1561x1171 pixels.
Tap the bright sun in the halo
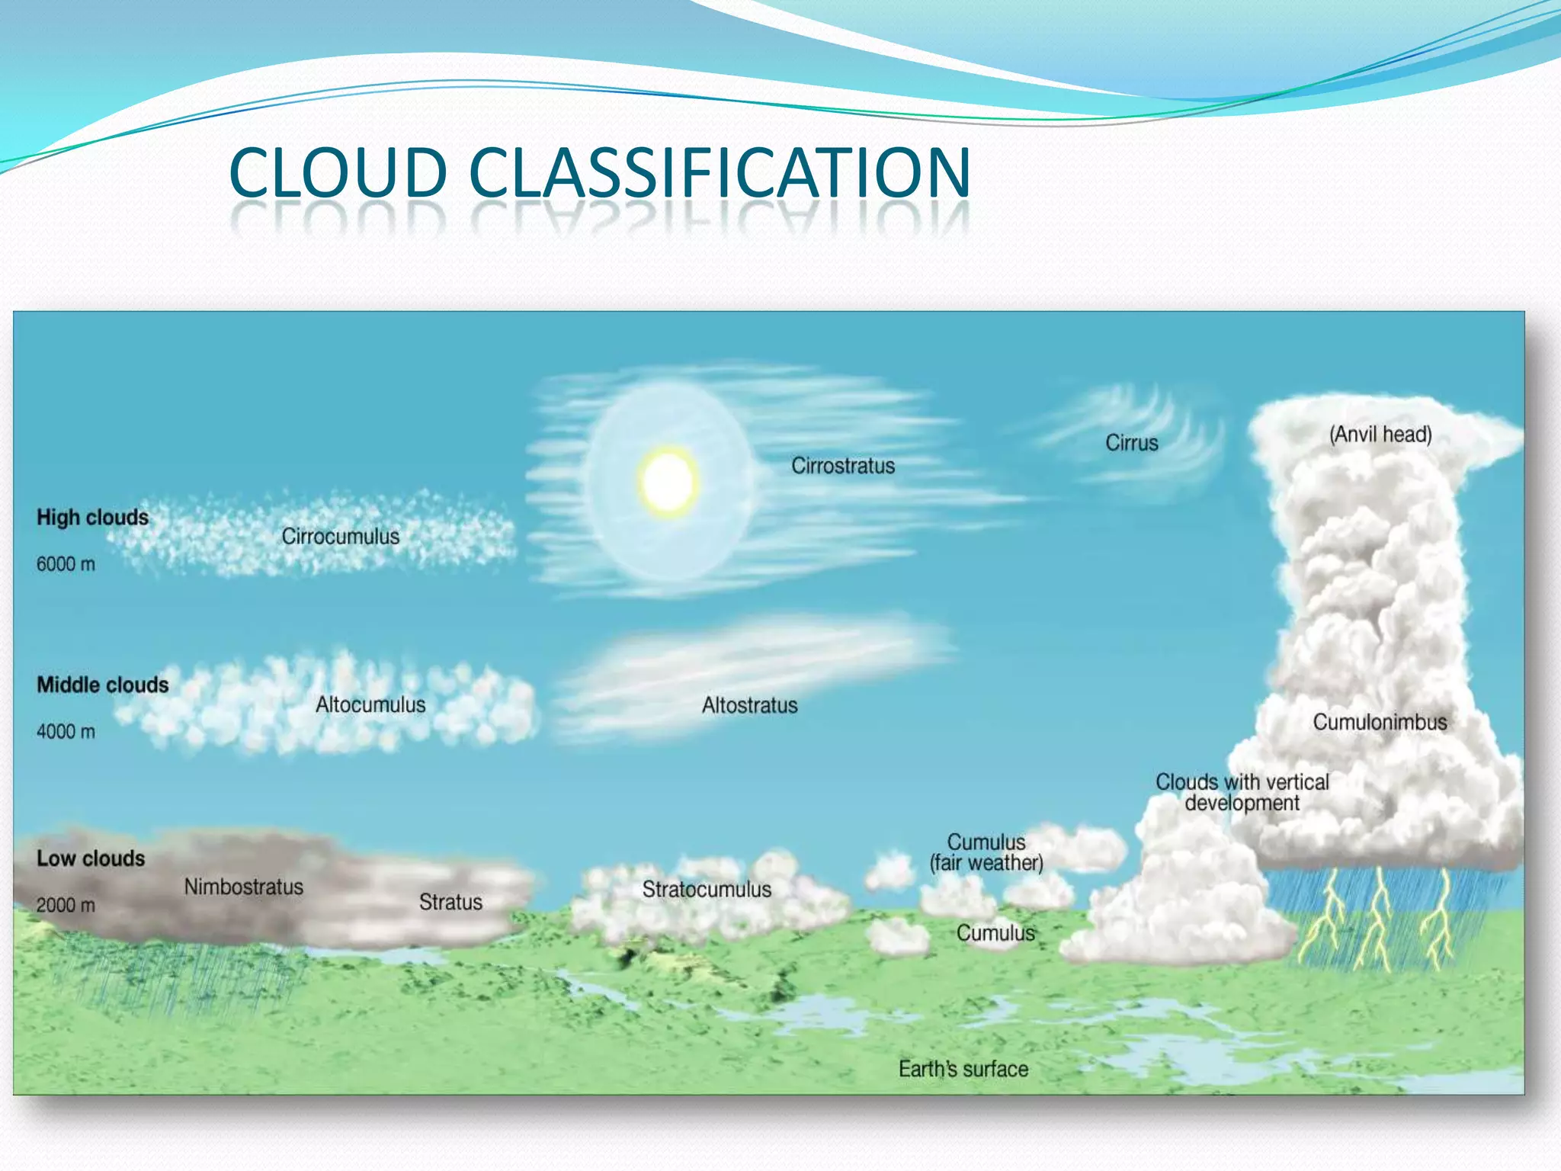[x=668, y=482]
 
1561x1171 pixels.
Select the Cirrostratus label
[x=843, y=466]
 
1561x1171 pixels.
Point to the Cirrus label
[x=1132, y=443]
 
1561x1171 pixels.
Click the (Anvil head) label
[x=1380, y=435]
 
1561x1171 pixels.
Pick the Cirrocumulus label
[x=341, y=537]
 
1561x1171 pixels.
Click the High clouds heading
[x=93, y=518]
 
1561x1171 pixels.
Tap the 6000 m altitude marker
[x=66, y=564]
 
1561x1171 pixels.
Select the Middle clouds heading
[x=103, y=685]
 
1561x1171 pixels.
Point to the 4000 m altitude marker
[x=66, y=732]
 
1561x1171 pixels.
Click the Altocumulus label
[x=370, y=704]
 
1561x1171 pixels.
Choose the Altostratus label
[x=750, y=705]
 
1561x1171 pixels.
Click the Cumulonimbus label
[x=1380, y=722]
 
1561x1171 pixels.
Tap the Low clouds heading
[x=91, y=858]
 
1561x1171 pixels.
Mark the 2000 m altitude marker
[x=66, y=905]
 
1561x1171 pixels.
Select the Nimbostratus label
[x=244, y=887]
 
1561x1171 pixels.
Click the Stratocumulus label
[x=707, y=889]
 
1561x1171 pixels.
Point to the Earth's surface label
[x=963, y=1069]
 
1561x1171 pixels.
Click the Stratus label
[x=450, y=903]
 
